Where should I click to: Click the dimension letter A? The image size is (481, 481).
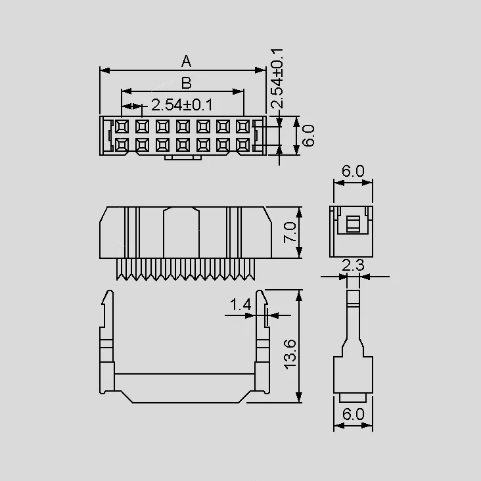[186, 61]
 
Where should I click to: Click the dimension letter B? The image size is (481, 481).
[187, 83]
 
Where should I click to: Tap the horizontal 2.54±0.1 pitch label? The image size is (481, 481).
[182, 105]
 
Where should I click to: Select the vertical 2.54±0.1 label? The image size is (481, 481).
[277, 78]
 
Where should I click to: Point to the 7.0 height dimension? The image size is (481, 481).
[290, 232]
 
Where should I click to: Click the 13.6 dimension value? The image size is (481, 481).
[290, 354]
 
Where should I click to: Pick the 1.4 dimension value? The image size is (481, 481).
[240, 305]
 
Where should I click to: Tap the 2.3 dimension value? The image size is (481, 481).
[353, 265]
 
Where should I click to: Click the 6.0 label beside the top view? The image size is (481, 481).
[308, 135]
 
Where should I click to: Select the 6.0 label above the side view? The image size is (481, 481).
[353, 171]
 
